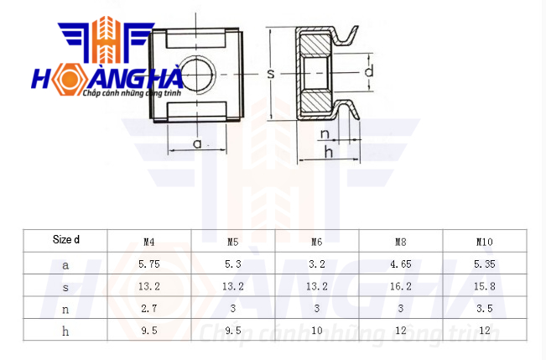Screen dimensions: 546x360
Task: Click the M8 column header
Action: [x=400, y=242]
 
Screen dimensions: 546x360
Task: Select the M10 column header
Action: [x=485, y=242]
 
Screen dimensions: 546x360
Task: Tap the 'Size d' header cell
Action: [x=65, y=239]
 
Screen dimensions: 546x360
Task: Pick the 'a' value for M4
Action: [x=149, y=264]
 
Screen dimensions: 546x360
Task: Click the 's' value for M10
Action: [x=485, y=286]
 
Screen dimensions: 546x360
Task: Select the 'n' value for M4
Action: [x=149, y=309]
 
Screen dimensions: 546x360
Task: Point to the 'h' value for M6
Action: [x=316, y=331]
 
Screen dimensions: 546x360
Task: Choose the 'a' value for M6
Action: [x=316, y=264]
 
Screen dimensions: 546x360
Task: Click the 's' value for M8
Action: [x=400, y=286]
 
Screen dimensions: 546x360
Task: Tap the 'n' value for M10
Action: [x=485, y=309]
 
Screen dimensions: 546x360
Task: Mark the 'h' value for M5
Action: [x=233, y=331]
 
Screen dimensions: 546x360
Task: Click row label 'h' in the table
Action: [x=65, y=331]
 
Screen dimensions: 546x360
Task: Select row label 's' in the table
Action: [x=65, y=288]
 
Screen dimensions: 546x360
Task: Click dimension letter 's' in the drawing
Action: [x=271, y=74]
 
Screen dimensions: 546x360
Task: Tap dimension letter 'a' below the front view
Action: [x=197, y=143]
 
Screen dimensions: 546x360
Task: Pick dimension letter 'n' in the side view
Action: [x=325, y=133]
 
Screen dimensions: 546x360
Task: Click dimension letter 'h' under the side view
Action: [x=329, y=152]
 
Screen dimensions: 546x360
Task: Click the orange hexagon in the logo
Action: [x=70, y=79]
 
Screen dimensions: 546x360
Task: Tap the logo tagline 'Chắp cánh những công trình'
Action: [x=132, y=93]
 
